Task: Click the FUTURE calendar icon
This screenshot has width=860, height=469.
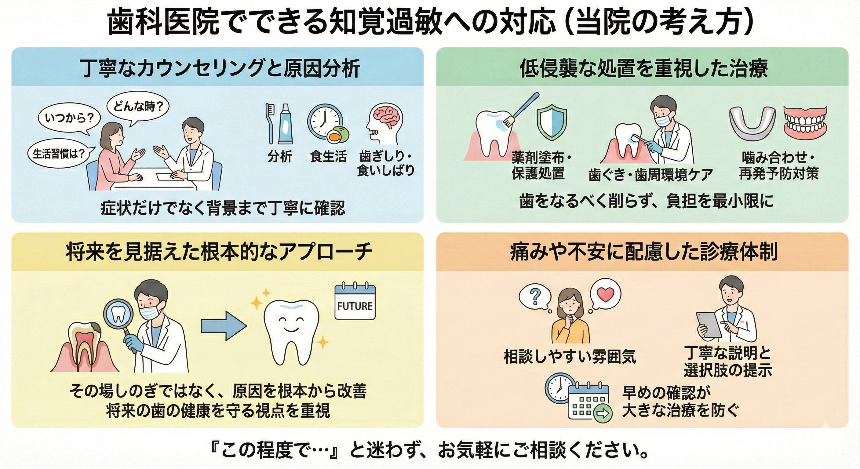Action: point(355,302)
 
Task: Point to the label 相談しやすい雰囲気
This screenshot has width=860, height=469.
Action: point(570,357)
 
